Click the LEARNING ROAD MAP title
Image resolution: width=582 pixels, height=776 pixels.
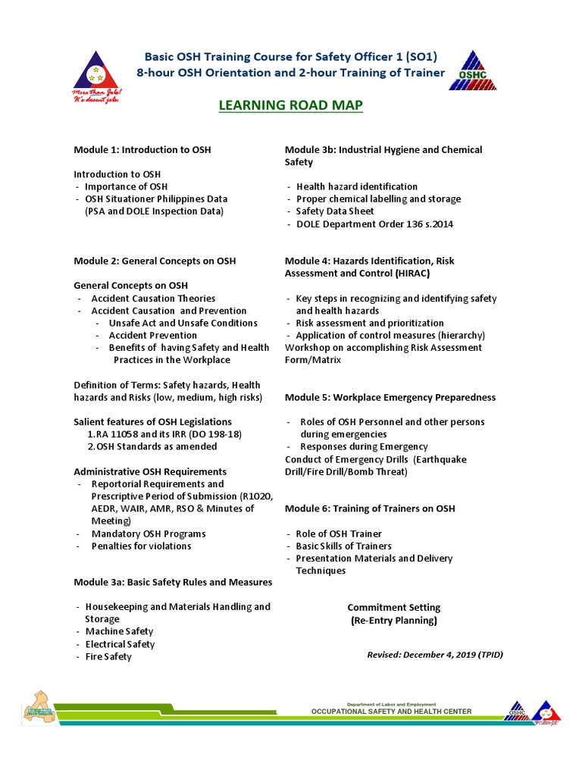tap(291, 105)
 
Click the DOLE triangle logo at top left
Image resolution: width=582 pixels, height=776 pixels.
tap(97, 74)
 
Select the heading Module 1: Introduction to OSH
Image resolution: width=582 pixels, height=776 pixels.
tap(142, 150)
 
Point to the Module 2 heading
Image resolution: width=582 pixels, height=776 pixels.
tap(155, 261)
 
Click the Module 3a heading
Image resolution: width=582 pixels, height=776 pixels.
tap(173, 582)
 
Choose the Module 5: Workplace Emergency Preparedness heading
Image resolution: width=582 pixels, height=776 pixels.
tap(390, 397)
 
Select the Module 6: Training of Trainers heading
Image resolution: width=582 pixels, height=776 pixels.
tap(370, 508)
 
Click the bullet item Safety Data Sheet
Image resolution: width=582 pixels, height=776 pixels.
tap(335, 211)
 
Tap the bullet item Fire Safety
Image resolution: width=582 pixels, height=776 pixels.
tap(108, 657)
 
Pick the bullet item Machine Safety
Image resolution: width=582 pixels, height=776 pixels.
tap(119, 631)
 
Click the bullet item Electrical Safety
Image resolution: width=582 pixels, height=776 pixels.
tap(120, 644)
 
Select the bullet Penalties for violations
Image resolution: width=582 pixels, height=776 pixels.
tap(141, 546)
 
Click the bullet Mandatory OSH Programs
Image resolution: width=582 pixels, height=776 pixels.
tap(148, 533)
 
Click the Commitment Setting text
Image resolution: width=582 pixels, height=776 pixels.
tap(393, 608)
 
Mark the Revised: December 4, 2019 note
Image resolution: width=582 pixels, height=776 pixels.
tap(434, 655)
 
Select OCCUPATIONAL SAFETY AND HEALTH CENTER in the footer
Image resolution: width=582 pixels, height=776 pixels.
tap(391, 712)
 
